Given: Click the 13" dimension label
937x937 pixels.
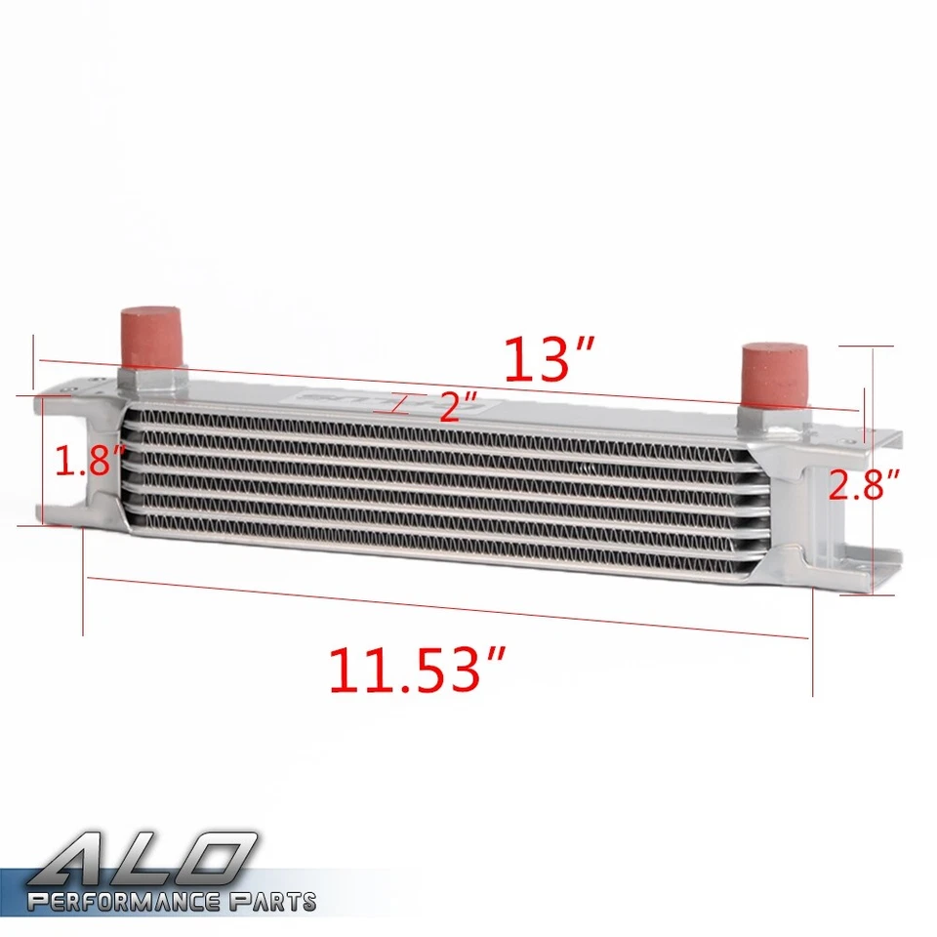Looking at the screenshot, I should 550,359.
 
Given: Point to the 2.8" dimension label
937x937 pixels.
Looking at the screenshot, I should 864,484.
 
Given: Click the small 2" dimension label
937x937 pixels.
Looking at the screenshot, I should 459,406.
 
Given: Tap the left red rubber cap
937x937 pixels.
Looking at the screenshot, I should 151,337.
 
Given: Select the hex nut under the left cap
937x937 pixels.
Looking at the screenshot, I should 151,379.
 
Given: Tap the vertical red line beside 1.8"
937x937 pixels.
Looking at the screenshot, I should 44,461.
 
